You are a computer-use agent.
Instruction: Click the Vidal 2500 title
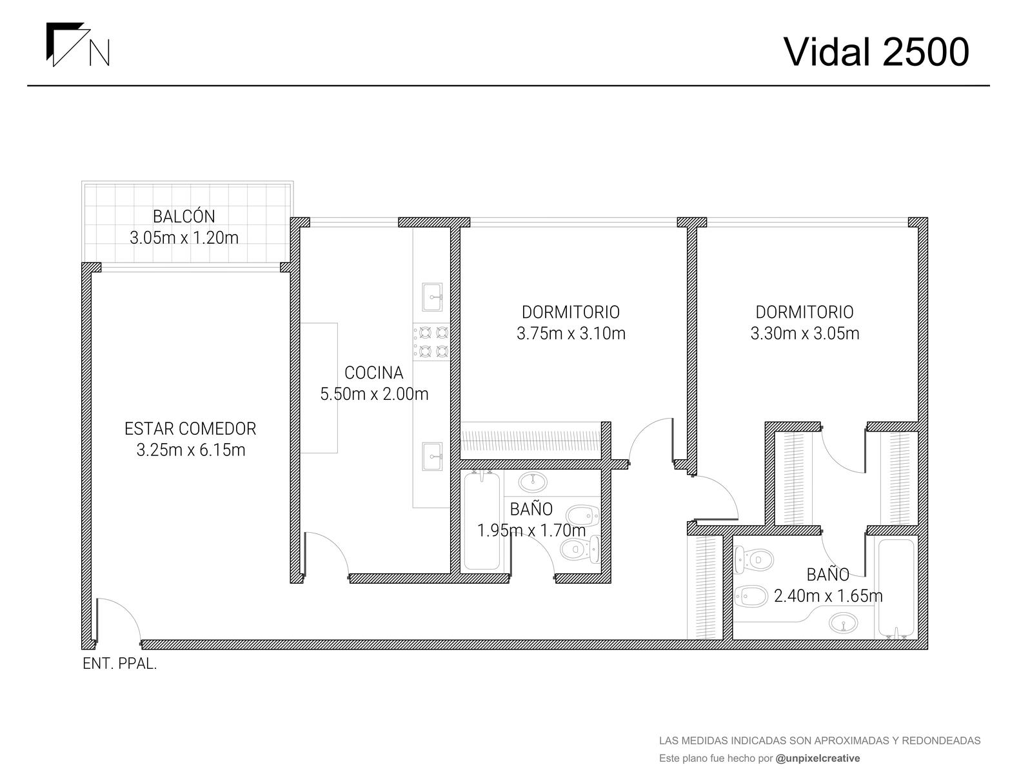876,52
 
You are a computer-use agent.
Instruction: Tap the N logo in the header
77,44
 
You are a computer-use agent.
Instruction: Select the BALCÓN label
184,217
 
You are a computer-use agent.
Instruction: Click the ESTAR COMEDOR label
190,429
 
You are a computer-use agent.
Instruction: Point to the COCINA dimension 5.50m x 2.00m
374,394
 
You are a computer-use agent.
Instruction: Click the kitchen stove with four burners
431,342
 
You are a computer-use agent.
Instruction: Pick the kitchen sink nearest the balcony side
431,297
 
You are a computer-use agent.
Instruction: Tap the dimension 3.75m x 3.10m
571,333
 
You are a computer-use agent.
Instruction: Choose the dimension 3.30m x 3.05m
804,333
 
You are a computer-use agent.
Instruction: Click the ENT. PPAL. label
120,664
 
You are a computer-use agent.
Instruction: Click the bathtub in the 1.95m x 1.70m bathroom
482,521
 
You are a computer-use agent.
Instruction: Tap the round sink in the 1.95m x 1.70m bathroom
533,482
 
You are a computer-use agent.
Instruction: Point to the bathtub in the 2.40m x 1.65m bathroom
896,588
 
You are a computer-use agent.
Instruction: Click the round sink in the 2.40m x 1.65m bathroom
843,622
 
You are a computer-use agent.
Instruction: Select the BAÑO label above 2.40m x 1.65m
828,575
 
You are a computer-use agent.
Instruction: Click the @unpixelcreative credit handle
818,758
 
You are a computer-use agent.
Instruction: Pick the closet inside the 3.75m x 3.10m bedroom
531,441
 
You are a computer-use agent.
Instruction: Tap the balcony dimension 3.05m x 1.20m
184,238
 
